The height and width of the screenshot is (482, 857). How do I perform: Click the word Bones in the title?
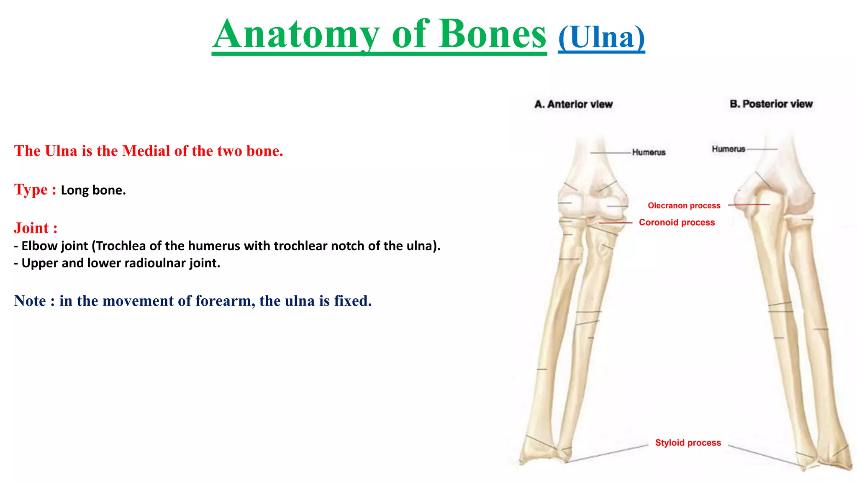pos(492,34)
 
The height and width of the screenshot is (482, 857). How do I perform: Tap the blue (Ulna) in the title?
pos(601,38)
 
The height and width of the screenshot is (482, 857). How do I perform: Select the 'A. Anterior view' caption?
pos(573,104)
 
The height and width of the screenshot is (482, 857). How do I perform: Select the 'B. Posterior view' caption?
pos(771,104)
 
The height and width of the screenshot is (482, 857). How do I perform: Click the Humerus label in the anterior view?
pos(649,152)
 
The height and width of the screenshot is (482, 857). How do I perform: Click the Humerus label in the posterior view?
pos(729,149)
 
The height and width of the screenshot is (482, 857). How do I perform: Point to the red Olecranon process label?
pos(684,205)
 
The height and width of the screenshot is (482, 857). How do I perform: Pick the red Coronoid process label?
pos(677,222)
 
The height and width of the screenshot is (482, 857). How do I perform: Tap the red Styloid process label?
pos(688,443)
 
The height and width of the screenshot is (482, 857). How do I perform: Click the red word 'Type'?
pos(31,190)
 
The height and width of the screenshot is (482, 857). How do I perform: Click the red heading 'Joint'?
pos(31,228)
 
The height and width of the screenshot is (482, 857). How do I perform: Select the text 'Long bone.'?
pos(93,190)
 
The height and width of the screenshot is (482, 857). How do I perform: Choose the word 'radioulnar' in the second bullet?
pos(155,263)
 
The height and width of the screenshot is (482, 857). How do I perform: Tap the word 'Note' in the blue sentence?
pos(30,301)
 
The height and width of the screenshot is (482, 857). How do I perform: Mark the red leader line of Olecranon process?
pos(749,205)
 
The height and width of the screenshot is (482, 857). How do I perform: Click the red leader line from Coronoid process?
pos(616,223)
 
